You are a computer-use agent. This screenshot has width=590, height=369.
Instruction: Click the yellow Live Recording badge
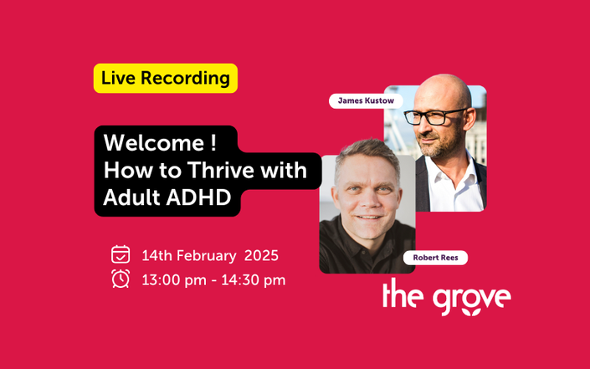coord(166,79)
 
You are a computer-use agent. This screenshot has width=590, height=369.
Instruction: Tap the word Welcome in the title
coord(153,143)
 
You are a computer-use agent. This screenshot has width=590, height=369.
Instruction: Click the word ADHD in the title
coord(198,197)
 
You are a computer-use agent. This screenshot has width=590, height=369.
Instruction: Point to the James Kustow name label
coord(366,100)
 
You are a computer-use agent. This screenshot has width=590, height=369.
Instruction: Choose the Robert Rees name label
coord(435,258)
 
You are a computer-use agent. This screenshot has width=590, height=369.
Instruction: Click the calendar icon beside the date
coord(121,254)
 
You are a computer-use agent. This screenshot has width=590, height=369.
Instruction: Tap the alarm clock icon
coord(121,279)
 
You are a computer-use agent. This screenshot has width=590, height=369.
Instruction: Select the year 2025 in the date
coord(261,256)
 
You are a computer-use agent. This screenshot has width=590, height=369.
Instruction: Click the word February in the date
coord(207,256)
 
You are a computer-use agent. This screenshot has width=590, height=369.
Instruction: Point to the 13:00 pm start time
coord(174,280)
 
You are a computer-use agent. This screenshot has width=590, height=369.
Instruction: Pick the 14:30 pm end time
coord(254,280)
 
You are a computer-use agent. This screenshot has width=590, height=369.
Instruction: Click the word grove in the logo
coord(472,300)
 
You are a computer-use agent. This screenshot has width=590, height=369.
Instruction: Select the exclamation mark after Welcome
coord(213,143)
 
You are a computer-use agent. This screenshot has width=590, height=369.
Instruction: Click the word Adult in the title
coord(131,197)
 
